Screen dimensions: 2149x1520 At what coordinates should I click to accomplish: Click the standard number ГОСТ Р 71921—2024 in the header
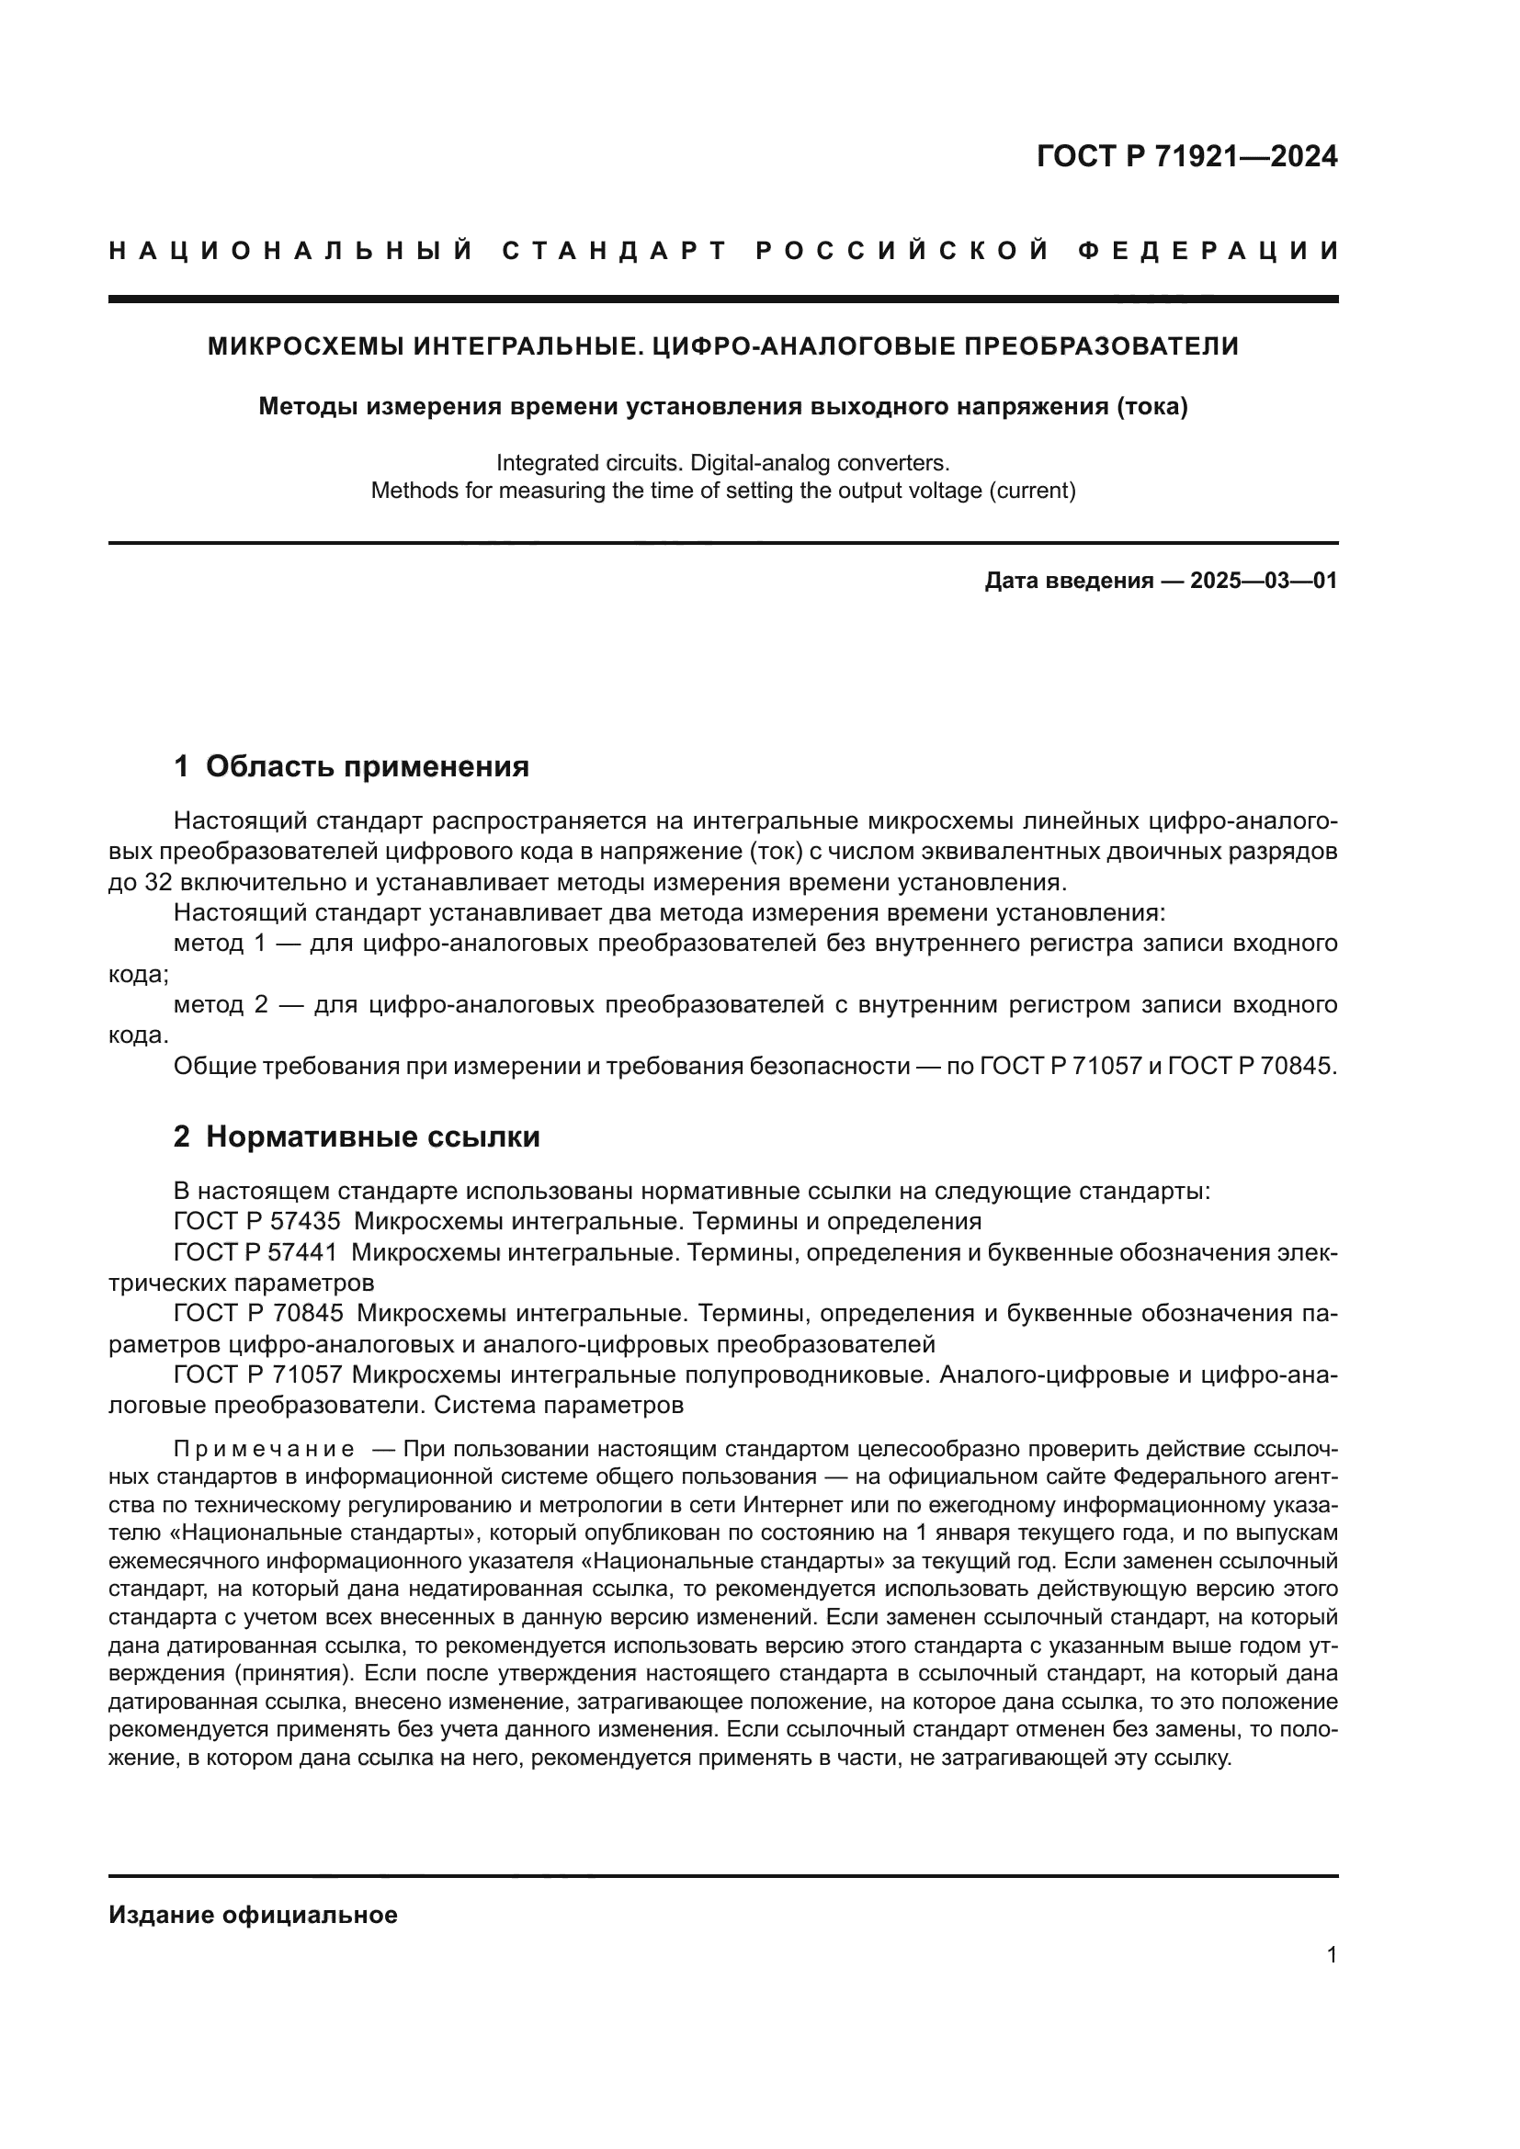1186,156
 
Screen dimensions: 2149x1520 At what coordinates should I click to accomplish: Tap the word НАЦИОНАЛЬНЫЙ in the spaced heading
291,251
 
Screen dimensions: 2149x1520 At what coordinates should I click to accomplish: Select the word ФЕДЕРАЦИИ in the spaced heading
1208,251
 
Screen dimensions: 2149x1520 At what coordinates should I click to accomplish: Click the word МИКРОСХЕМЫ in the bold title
306,346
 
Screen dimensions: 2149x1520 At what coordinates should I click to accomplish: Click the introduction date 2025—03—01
1264,581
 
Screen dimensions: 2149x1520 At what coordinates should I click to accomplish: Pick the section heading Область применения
367,766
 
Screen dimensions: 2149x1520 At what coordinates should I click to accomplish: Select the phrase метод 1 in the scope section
221,943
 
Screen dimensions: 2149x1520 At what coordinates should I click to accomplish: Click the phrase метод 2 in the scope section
221,1004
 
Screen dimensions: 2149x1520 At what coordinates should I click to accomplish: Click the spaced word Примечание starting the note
264,1450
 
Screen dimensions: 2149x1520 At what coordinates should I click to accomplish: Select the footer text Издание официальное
253,1915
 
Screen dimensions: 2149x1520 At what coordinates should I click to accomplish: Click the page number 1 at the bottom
1332,1955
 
